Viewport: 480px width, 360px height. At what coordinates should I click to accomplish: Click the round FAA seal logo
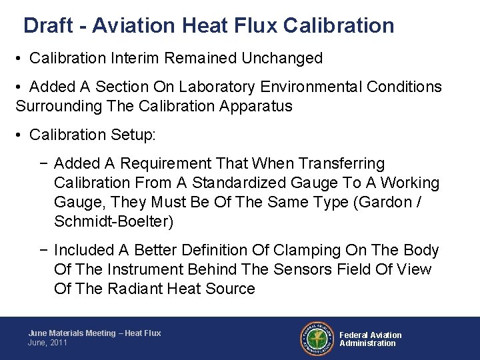(x=317, y=338)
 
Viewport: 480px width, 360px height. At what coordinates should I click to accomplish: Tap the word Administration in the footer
(x=367, y=343)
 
